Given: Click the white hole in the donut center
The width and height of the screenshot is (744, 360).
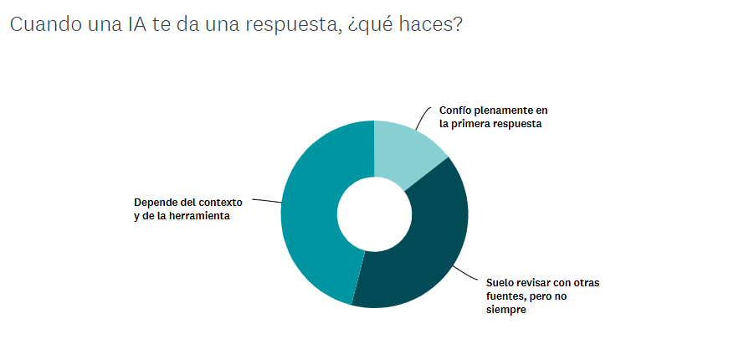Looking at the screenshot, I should [374, 214].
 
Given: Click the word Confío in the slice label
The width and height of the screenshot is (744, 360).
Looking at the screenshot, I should [454, 111].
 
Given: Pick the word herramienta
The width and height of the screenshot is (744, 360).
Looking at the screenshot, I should [200, 216].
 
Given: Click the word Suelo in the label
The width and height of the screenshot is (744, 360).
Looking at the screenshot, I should [501, 283].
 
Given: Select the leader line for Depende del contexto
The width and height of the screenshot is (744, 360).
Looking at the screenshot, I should [266, 201].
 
